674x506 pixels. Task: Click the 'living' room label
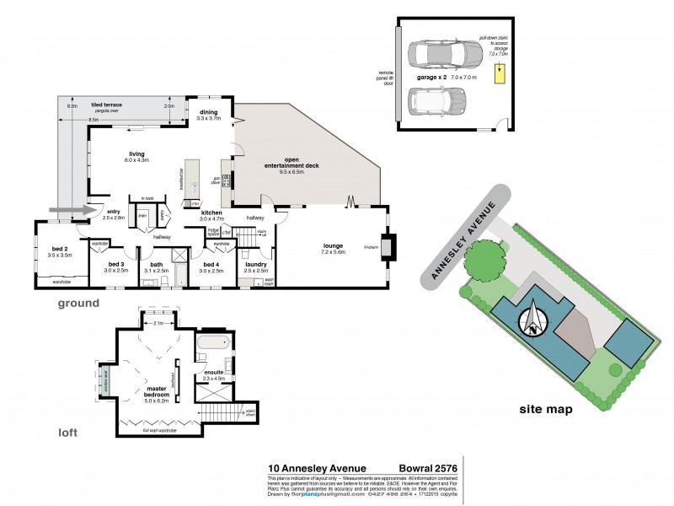pyautogui.click(x=136, y=153)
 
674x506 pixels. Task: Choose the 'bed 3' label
pyautogui.click(x=115, y=265)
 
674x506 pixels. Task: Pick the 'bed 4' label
pyautogui.click(x=211, y=265)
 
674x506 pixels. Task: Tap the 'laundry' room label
pyautogui.click(x=256, y=265)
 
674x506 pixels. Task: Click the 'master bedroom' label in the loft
pyautogui.click(x=145, y=392)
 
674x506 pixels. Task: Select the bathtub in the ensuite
pyautogui.click(x=212, y=344)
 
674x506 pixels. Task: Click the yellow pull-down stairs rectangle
pyautogui.click(x=499, y=73)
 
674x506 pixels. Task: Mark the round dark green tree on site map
pyautogui.click(x=479, y=261)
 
